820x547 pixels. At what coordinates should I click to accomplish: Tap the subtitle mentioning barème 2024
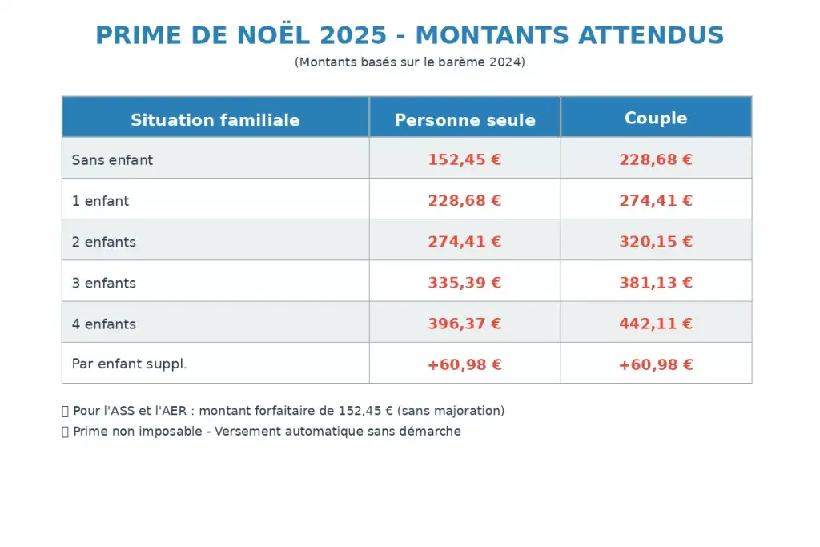click(x=409, y=62)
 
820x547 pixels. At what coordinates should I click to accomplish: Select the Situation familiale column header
click(x=215, y=120)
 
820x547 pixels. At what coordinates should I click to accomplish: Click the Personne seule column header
click(x=464, y=120)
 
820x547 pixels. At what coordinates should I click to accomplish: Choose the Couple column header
click(x=656, y=119)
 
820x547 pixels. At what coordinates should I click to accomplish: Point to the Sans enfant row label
click(x=112, y=160)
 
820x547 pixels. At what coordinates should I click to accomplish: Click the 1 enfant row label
click(x=100, y=201)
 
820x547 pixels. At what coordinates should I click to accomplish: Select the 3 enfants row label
click(x=104, y=284)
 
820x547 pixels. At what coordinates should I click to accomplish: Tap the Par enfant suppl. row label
click(x=129, y=364)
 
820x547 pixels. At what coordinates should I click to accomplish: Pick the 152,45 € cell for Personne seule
click(x=464, y=160)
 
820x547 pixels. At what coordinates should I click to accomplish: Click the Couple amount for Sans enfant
click(x=656, y=160)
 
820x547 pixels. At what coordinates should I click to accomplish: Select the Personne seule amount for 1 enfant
click(x=464, y=201)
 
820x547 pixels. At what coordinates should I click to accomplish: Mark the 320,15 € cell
click(x=656, y=242)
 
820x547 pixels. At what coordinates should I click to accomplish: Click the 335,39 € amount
click(x=464, y=284)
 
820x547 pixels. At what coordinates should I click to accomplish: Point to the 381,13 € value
click(x=656, y=284)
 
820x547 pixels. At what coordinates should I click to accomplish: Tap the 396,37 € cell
click(x=464, y=324)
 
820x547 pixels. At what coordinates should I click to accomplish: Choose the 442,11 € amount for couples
click(x=656, y=324)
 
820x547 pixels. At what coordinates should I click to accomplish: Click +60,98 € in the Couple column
click(x=656, y=365)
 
